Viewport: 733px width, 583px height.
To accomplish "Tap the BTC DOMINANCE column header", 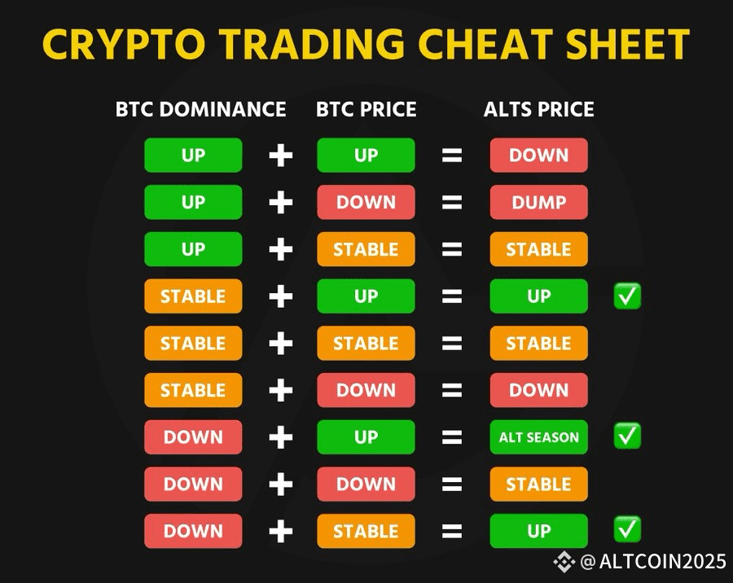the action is point(200,109).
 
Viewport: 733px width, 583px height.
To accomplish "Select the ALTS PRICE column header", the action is point(538,109).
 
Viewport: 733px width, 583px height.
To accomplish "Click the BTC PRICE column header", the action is point(366,109).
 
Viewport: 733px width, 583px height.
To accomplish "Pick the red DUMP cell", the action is point(538,203).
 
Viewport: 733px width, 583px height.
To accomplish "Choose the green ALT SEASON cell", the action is point(538,437).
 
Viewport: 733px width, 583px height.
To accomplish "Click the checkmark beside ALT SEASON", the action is point(627,436).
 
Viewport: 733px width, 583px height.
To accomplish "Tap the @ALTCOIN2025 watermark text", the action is point(653,561).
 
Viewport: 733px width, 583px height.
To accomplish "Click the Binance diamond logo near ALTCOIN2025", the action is point(564,562).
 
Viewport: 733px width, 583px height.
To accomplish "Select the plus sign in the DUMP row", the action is point(281,203).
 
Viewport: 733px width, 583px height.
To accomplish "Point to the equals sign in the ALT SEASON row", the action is point(452,437).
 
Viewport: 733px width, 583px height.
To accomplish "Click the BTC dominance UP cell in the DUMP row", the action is point(193,203).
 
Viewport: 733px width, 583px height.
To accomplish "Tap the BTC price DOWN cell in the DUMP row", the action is point(366,203).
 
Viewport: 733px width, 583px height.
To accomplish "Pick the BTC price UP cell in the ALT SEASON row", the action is point(366,437).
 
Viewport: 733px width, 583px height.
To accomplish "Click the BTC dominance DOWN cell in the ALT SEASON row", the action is point(193,437).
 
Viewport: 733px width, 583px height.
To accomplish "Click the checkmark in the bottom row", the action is point(627,529).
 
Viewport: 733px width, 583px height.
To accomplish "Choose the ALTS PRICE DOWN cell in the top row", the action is point(538,156).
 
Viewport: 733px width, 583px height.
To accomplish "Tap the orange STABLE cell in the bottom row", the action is point(366,531).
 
